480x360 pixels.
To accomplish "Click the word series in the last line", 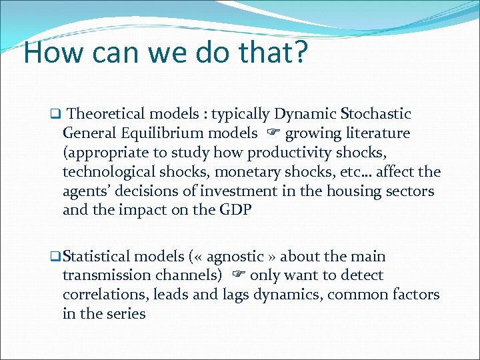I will click(x=125, y=314).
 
